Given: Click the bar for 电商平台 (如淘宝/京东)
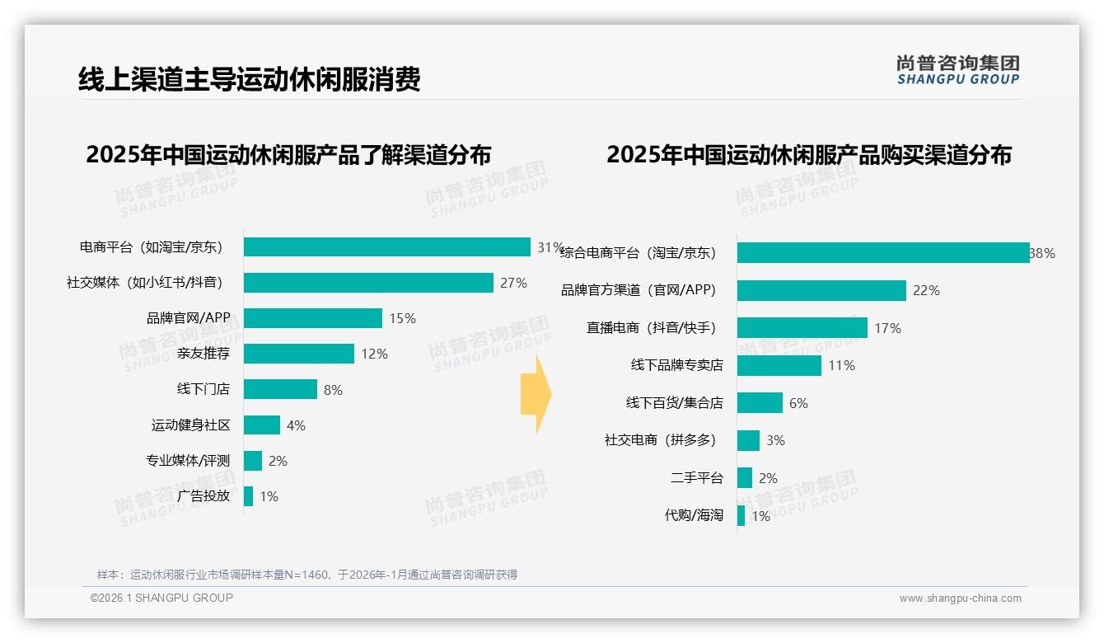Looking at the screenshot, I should coord(386,247).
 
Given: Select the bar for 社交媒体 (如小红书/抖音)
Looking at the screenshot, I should coord(368,283).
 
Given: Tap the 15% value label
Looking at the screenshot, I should coord(403,318).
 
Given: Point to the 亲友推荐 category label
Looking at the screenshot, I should coord(203,354).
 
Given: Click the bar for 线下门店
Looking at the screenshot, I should coord(280,389).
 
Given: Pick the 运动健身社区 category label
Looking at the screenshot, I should coord(190,425).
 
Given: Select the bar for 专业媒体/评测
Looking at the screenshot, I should coord(253,461).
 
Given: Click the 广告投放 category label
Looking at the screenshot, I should coord(203,496).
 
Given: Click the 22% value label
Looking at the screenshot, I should coord(926,290).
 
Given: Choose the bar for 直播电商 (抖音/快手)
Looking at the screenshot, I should coord(802,328).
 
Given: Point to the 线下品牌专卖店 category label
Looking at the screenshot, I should coord(676,365).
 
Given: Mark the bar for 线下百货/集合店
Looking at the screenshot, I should coord(760,403).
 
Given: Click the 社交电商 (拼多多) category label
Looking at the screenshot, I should coord(660,440).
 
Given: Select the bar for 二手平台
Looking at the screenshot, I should coord(745,478).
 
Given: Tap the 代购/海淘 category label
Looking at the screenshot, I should coord(694,515).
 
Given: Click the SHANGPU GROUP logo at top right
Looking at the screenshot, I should coord(958,70).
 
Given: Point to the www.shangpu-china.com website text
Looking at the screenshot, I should coord(960,598).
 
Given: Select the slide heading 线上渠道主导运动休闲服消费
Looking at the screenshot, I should coord(250,79).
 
